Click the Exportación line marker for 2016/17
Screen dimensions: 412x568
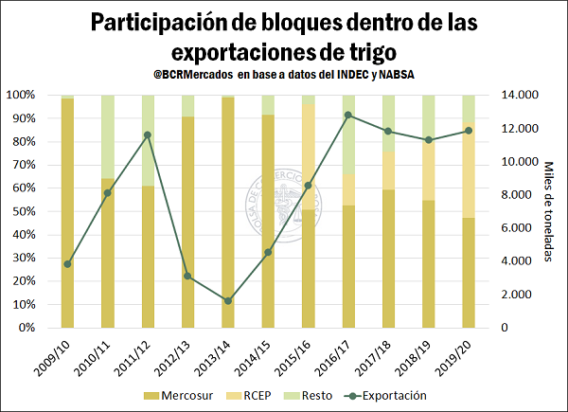348,115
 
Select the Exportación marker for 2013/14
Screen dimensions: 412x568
228,301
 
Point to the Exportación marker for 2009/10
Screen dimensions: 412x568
67,264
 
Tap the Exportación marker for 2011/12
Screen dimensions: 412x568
148,134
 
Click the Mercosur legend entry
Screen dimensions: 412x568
178,395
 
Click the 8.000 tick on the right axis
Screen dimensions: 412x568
520,194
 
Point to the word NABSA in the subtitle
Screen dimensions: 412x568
397,74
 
